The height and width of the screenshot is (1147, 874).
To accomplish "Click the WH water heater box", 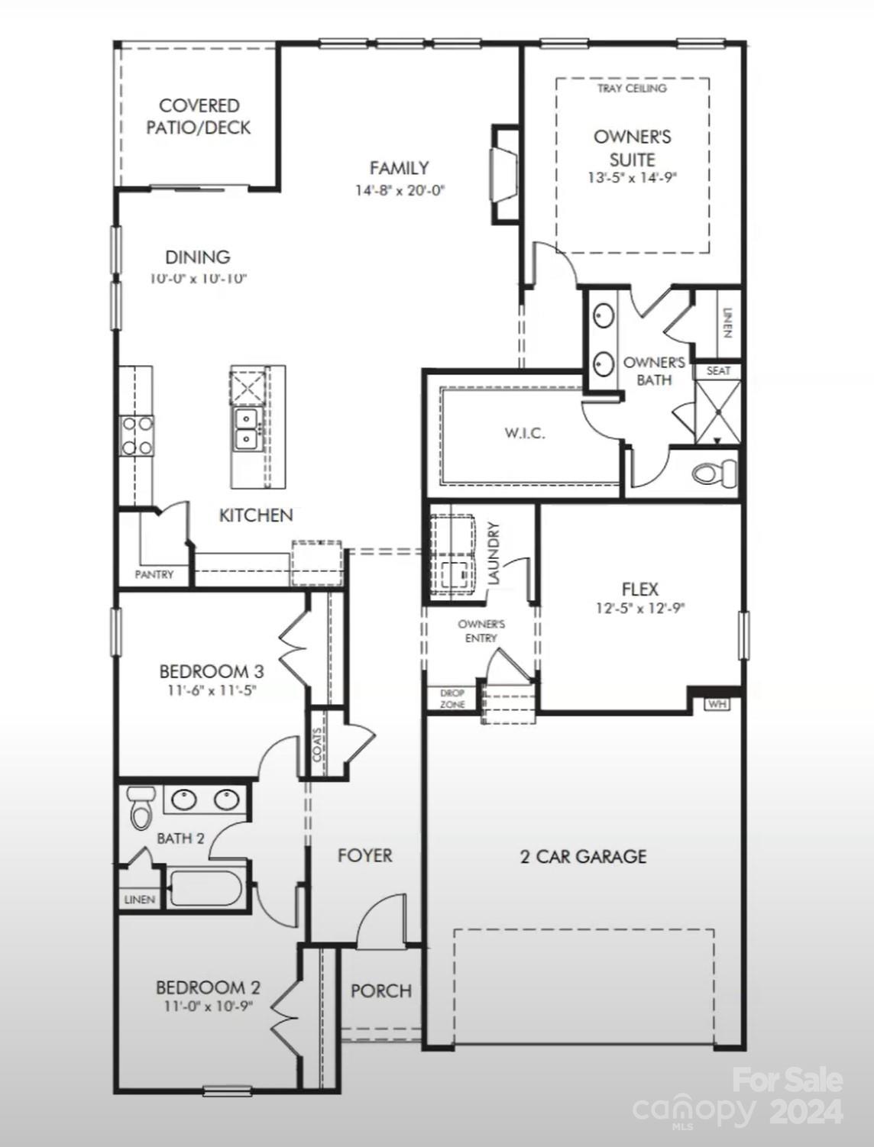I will (x=716, y=703).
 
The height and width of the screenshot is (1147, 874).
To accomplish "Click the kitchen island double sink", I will (x=246, y=428).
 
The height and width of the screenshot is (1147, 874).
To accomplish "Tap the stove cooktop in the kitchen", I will (x=136, y=436).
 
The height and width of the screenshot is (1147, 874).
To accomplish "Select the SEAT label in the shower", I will (x=717, y=371).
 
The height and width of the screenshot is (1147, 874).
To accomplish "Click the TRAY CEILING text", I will (x=632, y=89).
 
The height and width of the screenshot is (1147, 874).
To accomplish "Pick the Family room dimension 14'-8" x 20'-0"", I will (x=400, y=190).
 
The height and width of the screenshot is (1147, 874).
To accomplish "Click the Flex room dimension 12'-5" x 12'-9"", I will (x=640, y=609).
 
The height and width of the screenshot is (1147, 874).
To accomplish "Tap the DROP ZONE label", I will (x=452, y=699).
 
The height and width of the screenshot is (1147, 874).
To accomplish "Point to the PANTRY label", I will (x=154, y=574).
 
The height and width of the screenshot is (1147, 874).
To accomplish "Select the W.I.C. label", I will (x=524, y=434).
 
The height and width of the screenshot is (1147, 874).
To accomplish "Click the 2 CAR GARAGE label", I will (x=583, y=857).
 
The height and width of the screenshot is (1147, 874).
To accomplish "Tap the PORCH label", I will (x=380, y=990).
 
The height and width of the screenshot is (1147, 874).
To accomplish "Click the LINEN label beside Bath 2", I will (x=140, y=900).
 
